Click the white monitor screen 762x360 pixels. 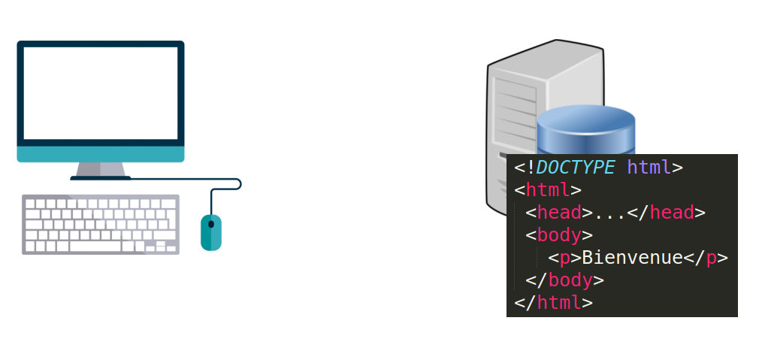point(101,93)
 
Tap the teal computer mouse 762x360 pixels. point(211,233)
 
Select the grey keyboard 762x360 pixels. point(100,224)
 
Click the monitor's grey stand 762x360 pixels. point(100,171)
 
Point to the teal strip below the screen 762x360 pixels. point(101,153)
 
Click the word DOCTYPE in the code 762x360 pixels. point(576,167)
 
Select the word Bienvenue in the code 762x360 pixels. point(632,258)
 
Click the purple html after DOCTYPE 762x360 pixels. point(649,167)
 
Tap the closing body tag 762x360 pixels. point(564,280)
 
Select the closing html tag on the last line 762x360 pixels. point(553,303)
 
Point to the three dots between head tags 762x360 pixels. point(609,214)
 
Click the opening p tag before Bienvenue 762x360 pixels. point(564,258)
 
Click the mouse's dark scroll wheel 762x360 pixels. point(211,223)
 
